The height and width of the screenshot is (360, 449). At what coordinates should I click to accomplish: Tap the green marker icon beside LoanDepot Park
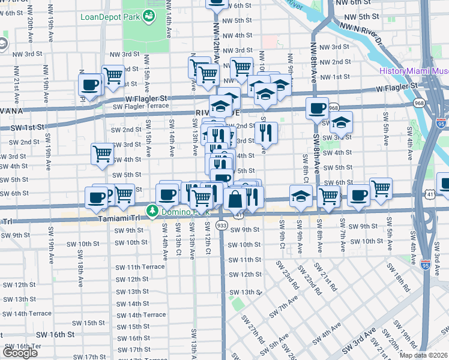(148, 16)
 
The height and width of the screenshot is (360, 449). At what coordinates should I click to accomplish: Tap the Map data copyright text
(423, 355)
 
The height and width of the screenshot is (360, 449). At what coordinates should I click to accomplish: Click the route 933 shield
(221, 225)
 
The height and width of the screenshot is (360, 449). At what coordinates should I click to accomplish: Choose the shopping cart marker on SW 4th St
(102, 153)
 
